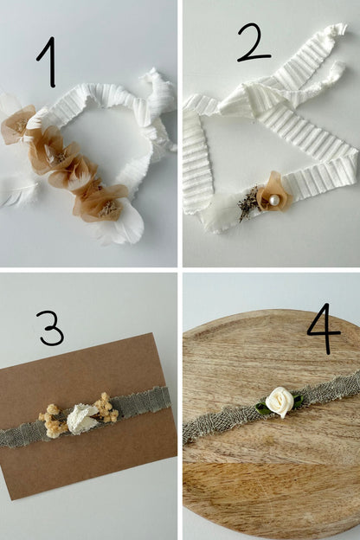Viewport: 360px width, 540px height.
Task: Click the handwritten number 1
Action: (x=49, y=62)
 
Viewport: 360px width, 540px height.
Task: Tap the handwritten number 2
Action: (x=254, y=43)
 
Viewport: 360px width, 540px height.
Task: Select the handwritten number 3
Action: (x=52, y=327)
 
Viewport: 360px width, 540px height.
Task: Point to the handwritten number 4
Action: (x=324, y=329)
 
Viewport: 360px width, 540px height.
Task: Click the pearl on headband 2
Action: (x=274, y=200)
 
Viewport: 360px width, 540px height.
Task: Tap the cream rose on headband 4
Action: (x=280, y=402)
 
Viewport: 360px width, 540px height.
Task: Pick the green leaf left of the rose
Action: (x=262, y=407)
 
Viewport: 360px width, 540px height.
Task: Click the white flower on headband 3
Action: (x=81, y=419)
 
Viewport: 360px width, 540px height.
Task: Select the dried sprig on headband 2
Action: (x=248, y=203)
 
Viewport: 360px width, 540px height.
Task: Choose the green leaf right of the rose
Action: (x=298, y=402)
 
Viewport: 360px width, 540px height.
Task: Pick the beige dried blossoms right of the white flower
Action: (x=106, y=408)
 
